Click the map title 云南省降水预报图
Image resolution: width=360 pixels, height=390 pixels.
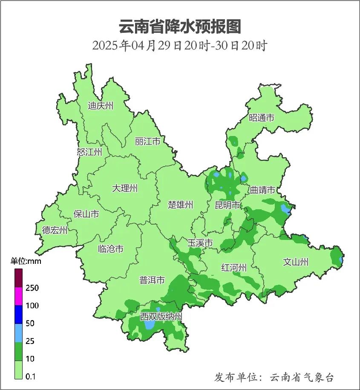(x=180, y=26)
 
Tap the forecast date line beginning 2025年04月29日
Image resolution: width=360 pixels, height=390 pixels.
(x=180, y=46)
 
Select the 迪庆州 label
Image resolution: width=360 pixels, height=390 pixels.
(x=101, y=106)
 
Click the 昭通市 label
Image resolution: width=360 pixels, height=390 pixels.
(x=262, y=118)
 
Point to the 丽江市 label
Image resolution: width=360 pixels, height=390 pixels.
(x=147, y=141)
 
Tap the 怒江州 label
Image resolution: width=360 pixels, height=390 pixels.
(x=89, y=152)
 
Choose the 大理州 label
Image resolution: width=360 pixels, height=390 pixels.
(x=125, y=188)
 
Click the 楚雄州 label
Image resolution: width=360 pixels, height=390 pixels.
(x=180, y=205)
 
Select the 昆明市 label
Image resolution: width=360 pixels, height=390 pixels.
(x=227, y=205)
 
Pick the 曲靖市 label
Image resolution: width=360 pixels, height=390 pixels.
(x=262, y=190)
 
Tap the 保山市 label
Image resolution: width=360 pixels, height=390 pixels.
(x=86, y=214)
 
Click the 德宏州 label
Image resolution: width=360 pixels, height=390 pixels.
(x=55, y=231)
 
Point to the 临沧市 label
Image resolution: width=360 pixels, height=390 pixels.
(x=110, y=248)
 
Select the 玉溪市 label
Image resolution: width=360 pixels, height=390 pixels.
(x=200, y=243)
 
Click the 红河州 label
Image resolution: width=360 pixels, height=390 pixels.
(x=234, y=268)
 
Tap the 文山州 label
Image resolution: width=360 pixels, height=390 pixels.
(x=296, y=262)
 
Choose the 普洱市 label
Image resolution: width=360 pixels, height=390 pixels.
(x=152, y=280)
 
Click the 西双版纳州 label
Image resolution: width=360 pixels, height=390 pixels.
(x=161, y=317)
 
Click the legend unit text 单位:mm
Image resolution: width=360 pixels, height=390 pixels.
(x=26, y=261)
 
